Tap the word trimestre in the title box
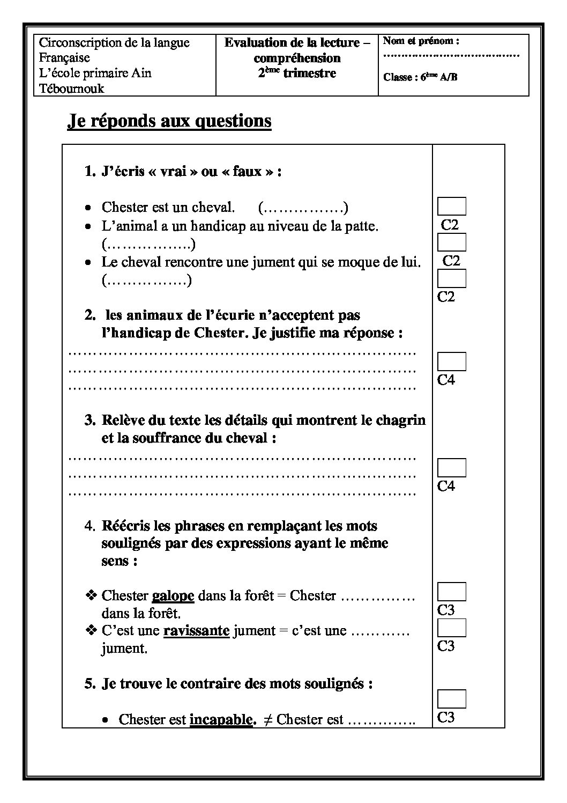tap(309, 73)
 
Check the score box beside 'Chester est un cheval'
tap(451, 207)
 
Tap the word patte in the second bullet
tap(361, 226)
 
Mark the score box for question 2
tap(451, 362)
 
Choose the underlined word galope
tap(173, 595)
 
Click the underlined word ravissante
tap(196, 631)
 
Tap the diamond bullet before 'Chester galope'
tap(91, 595)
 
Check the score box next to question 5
tap(451, 699)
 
